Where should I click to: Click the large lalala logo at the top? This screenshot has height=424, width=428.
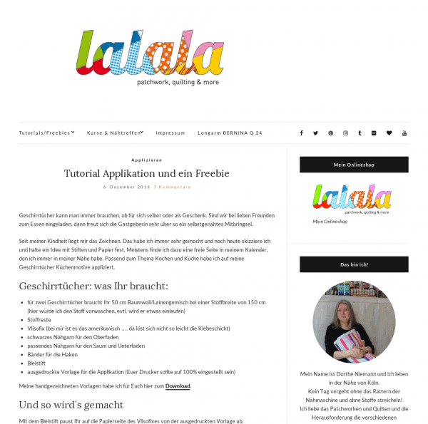point(150,54)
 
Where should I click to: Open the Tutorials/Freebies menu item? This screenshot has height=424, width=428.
point(46,133)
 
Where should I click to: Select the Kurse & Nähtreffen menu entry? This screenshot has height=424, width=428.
point(115,133)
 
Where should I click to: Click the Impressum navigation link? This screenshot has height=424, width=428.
point(170,133)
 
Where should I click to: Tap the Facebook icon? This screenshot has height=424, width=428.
point(301,133)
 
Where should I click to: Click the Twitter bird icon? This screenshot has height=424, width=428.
point(315,133)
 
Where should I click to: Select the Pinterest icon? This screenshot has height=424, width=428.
point(330,133)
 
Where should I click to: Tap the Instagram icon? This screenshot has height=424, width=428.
point(345,133)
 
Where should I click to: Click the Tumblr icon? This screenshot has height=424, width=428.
point(360,133)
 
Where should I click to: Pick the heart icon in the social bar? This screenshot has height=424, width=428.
point(389,133)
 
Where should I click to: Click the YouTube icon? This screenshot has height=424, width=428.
point(404,133)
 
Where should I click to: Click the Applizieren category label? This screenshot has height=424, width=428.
point(146,160)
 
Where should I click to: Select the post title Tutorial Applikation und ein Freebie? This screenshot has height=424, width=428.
point(146,173)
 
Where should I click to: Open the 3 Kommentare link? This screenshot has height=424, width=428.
point(172,187)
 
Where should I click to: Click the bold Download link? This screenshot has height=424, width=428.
point(178,386)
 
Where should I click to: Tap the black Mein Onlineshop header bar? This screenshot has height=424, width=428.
point(354,165)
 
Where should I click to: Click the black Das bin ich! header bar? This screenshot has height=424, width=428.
point(354,264)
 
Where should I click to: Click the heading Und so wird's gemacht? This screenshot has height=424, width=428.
point(71,405)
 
